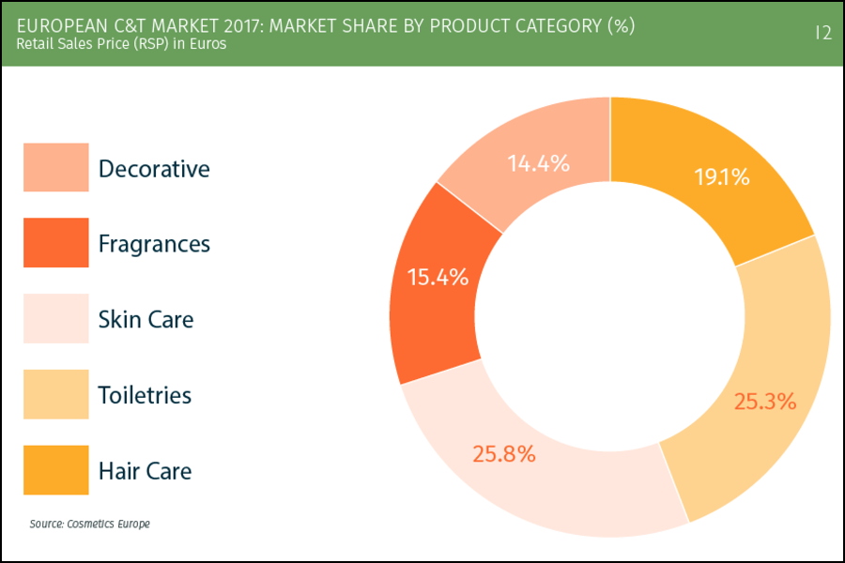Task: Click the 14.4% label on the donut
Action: [539, 163]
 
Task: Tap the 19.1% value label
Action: [721, 176]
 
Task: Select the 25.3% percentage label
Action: [765, 402]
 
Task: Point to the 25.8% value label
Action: [504, 454]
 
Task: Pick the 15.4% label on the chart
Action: [438, 277]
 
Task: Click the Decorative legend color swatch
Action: [56, 168]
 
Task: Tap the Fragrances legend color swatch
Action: [56, 243]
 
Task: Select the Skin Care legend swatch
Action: [56, 318]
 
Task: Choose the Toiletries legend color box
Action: [56, 394]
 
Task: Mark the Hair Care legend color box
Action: [56, 469]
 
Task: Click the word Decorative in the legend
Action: [154, 169]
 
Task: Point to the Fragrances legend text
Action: [154, 244]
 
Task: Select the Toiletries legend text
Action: [145, 395]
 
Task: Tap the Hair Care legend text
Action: [145, 470]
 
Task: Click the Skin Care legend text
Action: [146, 319]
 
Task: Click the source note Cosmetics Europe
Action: [89, 524]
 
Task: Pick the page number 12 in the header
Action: [822, 33]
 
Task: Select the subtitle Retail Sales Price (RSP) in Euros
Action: [121, 43]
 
